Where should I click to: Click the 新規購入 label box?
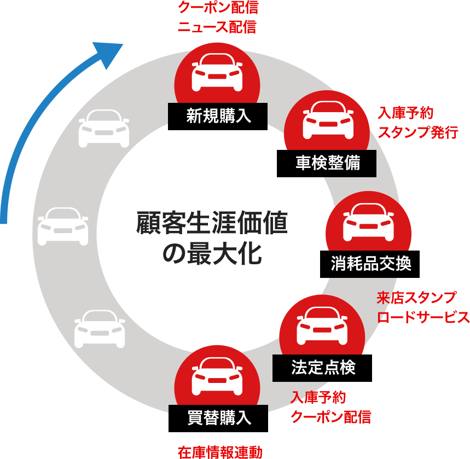coord(218,116)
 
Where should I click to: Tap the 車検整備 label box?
coord(328,163)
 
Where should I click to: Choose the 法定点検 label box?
coord(323,368)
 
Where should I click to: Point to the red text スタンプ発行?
coord(417,132)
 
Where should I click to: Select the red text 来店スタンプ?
coord(416,298)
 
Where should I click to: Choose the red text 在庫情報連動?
coord(220,452)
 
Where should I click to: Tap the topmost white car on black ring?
coord(104,127)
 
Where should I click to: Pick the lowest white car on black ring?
coord(100,329)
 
